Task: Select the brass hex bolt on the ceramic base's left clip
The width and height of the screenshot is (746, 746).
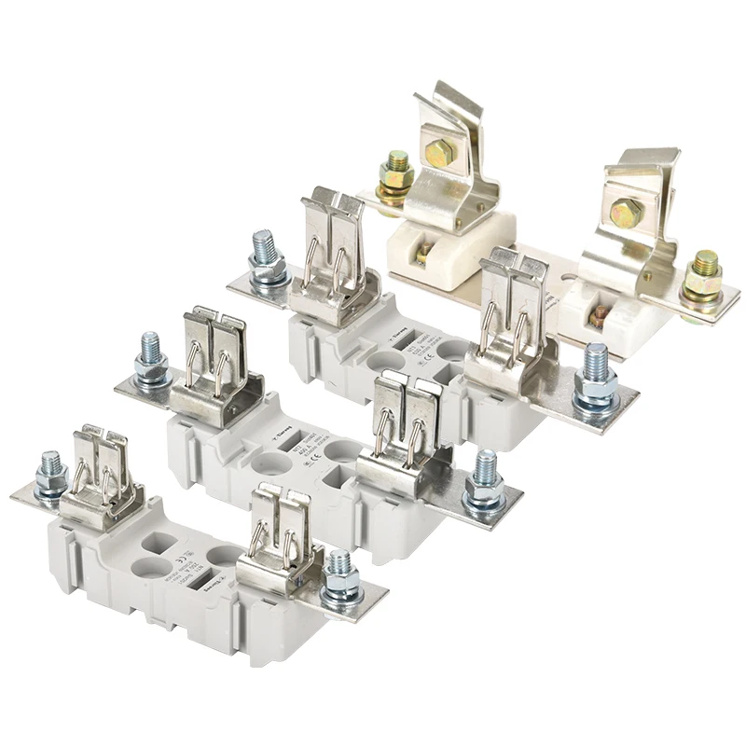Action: [x=438, y=152]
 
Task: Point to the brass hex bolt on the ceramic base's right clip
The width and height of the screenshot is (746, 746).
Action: [x=626, y=212]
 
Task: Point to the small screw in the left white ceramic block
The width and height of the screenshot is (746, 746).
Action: [x=426, y=252]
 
